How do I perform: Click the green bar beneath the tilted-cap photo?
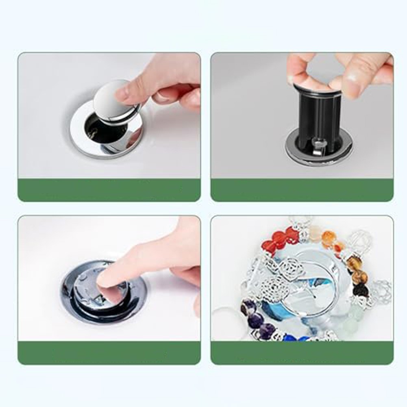tap(109, 190)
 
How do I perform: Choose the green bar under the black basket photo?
tap(302, 190)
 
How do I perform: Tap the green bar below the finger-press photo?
tap(109, 353)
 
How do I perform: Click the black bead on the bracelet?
tap(360, 290)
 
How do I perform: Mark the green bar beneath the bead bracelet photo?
tap(302, 353)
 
